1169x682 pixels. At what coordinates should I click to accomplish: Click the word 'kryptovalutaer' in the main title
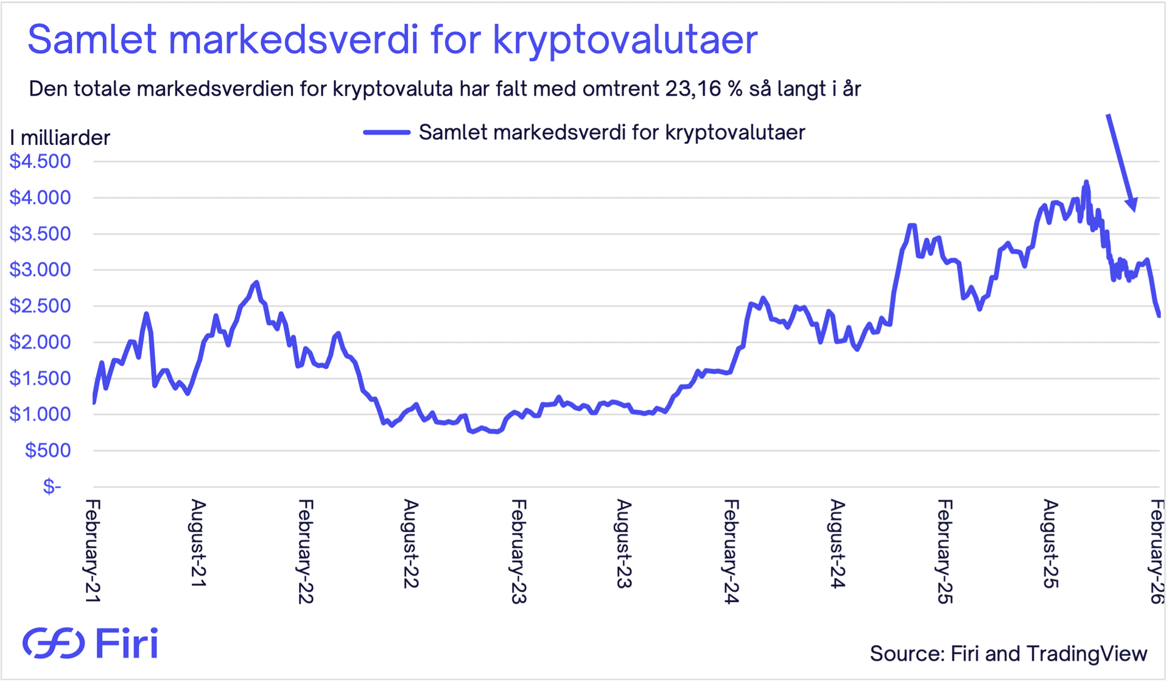click(x=625, y=40)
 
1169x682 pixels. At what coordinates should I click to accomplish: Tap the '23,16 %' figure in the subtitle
click(x=704, y=89)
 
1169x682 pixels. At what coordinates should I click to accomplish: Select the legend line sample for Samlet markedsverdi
click(x=387, y=132)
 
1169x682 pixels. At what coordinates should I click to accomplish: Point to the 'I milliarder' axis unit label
click(x=60, y=138)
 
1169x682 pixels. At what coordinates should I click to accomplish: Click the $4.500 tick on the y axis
click(x=40, y=161)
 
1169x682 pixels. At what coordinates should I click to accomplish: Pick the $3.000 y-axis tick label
click(x=40, y=270)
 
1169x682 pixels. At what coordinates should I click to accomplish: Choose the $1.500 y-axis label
click(x=40, y=378)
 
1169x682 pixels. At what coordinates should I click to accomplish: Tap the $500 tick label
click(x=47, y=451)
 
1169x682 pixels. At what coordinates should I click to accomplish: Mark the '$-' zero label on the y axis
click(x=52, y=487)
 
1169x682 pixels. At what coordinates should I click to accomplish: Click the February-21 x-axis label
click(x=93, y=551)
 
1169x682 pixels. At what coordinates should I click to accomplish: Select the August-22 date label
click(x=411, y=544)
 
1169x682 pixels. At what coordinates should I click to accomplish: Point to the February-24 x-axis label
click(x=731, y=551)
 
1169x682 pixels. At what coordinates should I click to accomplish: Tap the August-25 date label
click(x=1050, y=544)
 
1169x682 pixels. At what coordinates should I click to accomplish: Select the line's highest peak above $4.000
click(x=1086, y=182)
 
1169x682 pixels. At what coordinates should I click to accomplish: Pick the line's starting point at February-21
click(x=94, y=402)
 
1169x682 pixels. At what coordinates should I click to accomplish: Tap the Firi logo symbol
click(x=54, y=643)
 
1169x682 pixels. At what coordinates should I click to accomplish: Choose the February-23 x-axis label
click(x=518, y=551)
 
